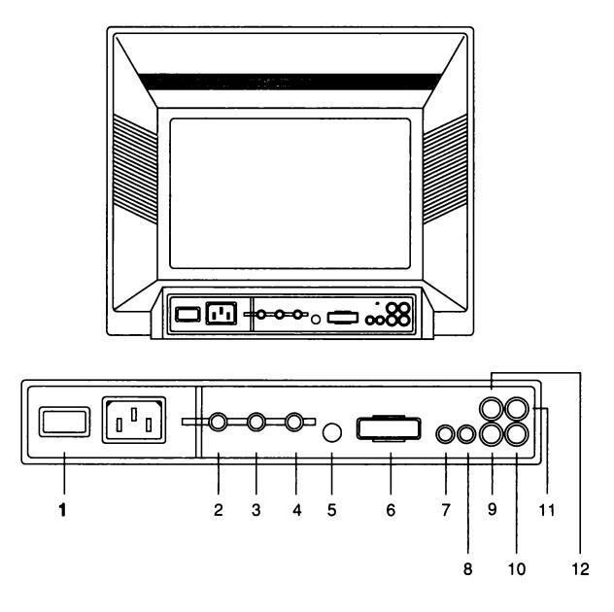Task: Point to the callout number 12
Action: pos(581,570)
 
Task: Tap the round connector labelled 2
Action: pos(219,423)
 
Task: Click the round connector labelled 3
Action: pos(257,423)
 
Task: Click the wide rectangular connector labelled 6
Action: pos(391,428)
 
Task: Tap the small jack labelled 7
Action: pos(446,434)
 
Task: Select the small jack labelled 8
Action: pos(467,434)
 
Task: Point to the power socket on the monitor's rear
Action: pos(220,315)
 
